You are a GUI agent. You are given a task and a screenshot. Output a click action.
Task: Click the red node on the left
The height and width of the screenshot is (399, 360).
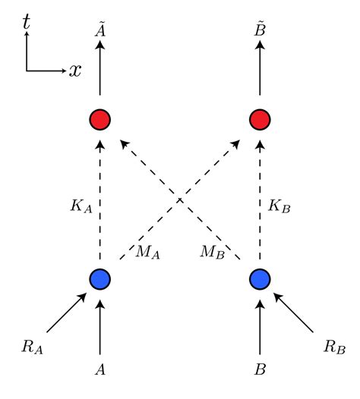(100, 120)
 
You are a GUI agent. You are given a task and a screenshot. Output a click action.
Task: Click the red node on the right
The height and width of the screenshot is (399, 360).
(260, 120)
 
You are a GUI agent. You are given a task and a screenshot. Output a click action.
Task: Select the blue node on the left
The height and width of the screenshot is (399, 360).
(100, 279)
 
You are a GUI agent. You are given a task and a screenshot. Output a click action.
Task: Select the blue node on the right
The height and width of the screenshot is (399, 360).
(260, 279)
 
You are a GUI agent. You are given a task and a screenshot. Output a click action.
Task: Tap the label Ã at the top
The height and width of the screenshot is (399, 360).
(100, 29)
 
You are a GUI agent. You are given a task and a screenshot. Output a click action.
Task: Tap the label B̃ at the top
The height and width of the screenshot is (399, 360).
(260, 29)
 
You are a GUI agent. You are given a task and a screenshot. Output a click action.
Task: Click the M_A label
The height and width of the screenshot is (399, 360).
(147, 251)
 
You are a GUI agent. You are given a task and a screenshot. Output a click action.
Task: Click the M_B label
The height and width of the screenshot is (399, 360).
(213, 251)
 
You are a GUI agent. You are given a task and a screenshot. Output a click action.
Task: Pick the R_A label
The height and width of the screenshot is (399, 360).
(33, 347)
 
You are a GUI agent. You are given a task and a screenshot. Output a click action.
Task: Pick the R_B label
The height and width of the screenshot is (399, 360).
(333, 347)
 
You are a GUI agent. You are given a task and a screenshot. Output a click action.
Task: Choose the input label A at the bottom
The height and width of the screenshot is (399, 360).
(100, 371)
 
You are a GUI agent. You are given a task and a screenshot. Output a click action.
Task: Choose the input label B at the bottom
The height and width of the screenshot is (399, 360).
(260, 371)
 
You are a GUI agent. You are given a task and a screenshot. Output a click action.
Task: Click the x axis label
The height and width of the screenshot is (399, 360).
(75, 71)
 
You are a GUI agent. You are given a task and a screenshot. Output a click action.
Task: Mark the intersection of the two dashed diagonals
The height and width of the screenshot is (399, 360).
(180, 199)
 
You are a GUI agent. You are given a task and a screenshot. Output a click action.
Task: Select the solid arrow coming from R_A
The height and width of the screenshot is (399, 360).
(67, 313)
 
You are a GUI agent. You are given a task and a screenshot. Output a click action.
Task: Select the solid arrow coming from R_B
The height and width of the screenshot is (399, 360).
(293, 313)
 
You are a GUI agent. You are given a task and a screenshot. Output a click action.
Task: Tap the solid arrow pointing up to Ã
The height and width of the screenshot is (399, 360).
(100, 72)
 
